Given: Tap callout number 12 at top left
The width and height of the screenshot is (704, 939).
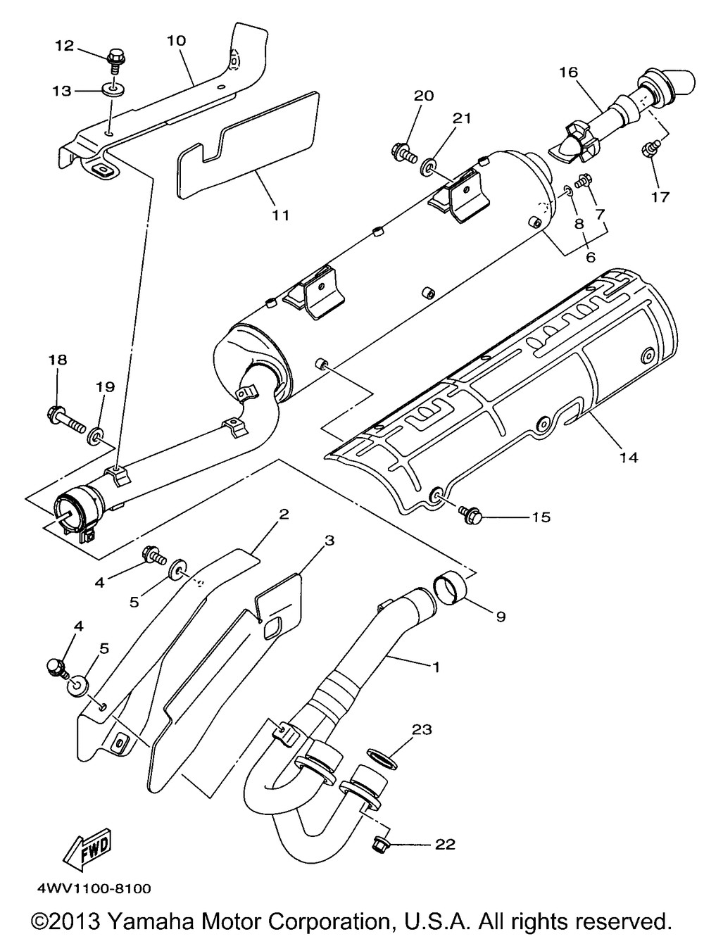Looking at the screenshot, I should (x=65, y=46).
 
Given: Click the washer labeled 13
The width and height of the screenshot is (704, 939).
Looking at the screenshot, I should (x=111, y=91).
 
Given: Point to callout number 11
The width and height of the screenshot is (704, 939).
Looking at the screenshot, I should (x=280, y=215).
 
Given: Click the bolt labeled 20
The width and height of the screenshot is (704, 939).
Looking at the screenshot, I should (x=402, y=150).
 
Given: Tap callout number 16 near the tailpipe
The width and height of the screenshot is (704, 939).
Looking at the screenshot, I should (x=568, y=71).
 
